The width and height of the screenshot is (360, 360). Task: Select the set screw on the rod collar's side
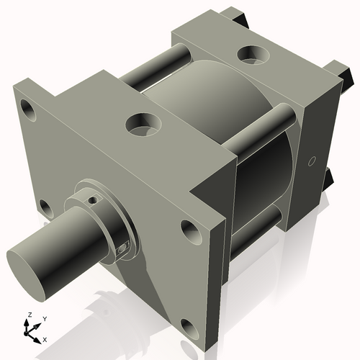pyautogui.click(x=122, y=249)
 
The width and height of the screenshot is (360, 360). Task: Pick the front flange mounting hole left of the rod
pyautogui.click(x=44, y=208)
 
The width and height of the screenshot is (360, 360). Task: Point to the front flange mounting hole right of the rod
pyautogui.click(x=191, y=232)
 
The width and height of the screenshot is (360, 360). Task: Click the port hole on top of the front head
pyautogui.click(x=143, y=127)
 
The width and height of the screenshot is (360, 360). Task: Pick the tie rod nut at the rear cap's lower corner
pyautogui.click(x=329, y=176)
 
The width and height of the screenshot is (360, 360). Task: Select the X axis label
pyautogui.click(x=45, y=338)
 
